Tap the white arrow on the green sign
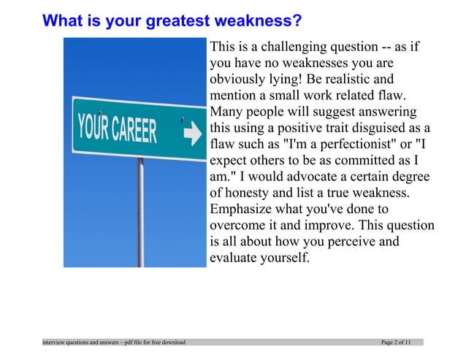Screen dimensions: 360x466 (192, 134)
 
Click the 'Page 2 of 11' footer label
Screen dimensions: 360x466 (396, 342)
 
